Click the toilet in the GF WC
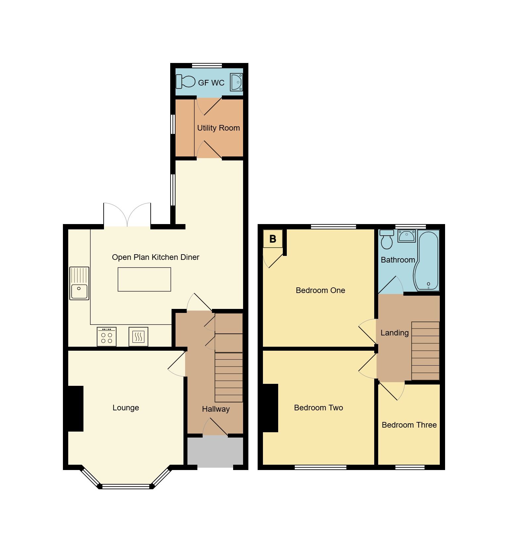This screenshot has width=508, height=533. [x=186, y=82]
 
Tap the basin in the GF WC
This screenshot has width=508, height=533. [x=236, y=82]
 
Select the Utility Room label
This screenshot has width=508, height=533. [x=218, y=128]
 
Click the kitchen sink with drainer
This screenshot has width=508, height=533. [x=79, y=283]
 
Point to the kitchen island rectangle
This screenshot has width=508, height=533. [x=144, y=279]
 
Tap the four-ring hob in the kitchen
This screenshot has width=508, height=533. [x=107, y=337]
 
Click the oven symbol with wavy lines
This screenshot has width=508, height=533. [x=138, y=337]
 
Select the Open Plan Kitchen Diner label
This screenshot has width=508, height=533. [x=156, y=257]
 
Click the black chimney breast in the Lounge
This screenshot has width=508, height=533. [x=76, y=408]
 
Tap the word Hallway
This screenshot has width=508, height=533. [x=216, y=409]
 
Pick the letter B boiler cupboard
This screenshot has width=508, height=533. [x=273, y=239]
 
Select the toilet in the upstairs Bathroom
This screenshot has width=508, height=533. [x=386, y=239]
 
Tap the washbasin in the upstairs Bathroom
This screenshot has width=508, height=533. [x=406, y=236]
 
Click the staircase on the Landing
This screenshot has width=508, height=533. [x=425, y=351]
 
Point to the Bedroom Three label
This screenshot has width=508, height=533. [x=409, y=425]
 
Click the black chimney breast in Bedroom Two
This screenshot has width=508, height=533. [x=271, y=408]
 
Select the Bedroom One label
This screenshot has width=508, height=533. [x=320, y=290]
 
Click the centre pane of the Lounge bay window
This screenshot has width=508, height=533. [x=126, y=486]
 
